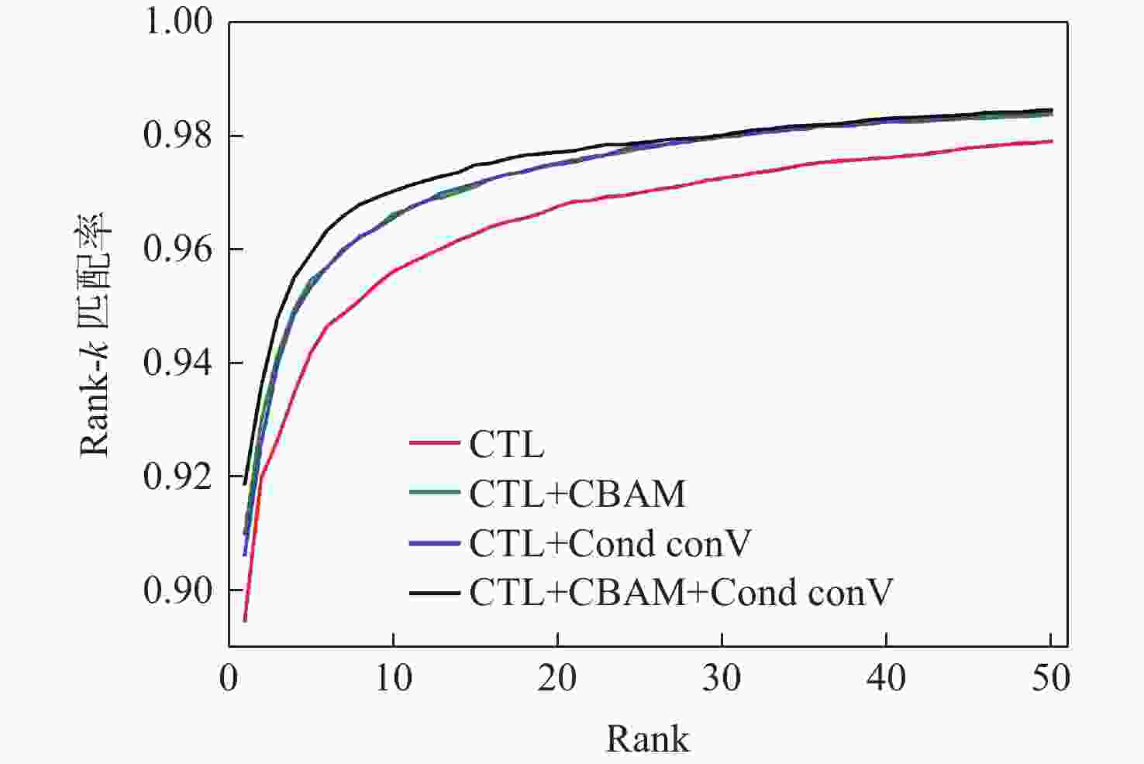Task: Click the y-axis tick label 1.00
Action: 177,22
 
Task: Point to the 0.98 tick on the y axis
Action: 177,136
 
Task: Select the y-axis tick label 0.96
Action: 177,250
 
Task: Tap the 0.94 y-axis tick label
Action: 177,363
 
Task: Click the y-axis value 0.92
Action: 177,477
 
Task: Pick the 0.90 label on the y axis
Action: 177,590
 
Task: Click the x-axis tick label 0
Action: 229,679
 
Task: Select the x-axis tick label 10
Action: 393,679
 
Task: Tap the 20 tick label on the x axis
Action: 557,679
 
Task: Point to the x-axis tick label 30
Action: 722,679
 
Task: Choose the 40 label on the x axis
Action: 886,679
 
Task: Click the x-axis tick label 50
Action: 1050,679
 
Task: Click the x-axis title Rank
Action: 647,738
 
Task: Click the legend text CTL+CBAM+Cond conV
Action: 681,593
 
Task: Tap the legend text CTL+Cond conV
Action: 609,543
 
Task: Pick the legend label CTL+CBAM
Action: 577,494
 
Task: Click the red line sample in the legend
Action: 435,444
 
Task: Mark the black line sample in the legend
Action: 435,593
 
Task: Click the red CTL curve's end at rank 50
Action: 1051,141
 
